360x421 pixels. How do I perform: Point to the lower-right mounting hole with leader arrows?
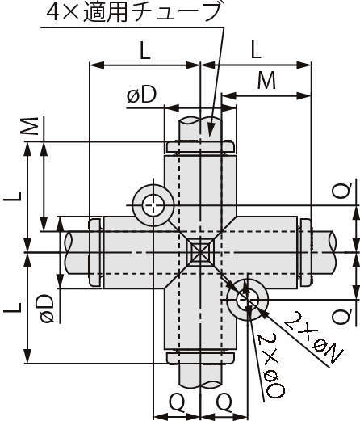click(248, 300)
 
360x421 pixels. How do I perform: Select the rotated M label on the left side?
click(30, 126)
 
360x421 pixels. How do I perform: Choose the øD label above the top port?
click(142, 95)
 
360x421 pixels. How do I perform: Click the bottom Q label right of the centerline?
click(225, 401)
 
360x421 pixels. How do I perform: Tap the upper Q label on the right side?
click(341, 191)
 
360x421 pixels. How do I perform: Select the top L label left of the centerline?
click(144, 51)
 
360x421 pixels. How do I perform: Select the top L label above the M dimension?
click(256, 51)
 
